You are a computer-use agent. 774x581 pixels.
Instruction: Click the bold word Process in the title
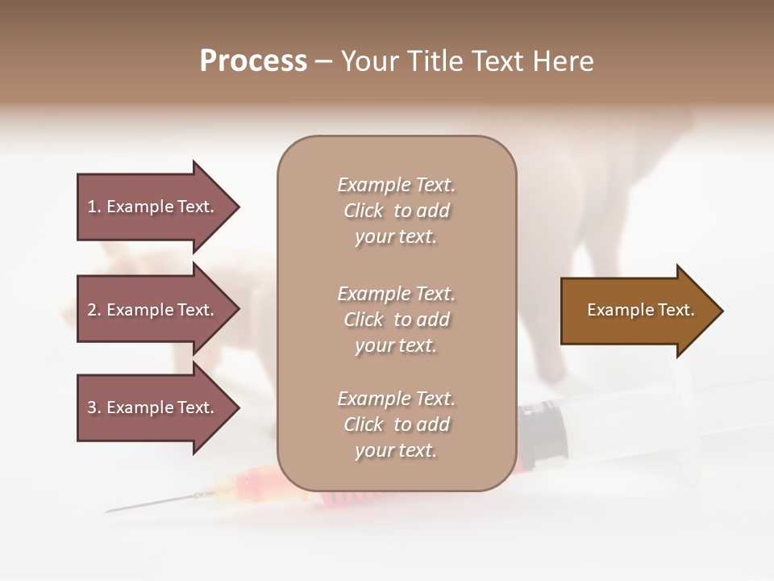tap(253, 61)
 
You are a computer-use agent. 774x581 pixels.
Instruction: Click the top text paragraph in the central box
tap(396, 211)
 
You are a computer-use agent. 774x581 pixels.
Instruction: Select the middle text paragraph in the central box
tap(396, 320)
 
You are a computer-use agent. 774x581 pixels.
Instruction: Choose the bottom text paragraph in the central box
tap(396, 424)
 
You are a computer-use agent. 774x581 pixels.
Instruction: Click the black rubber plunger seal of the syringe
tap(539, 436)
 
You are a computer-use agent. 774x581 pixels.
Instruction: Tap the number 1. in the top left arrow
tap(94, 207)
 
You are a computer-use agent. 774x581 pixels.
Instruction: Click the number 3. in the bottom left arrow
tap(94, 408)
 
